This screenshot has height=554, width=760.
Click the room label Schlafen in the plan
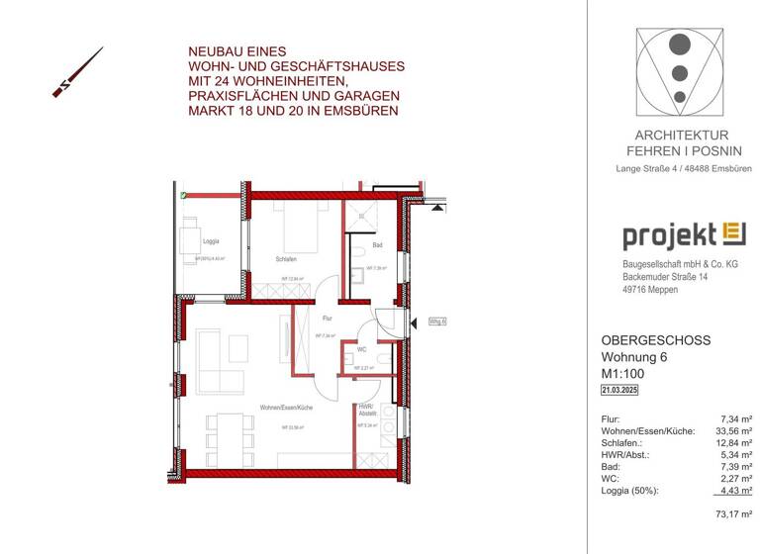point(285,260)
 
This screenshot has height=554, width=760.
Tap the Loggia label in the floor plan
point(211,241)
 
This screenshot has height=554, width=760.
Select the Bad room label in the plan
point(377,245)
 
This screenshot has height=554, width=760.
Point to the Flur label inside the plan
point(328,318)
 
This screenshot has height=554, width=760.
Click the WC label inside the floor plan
point(363,349)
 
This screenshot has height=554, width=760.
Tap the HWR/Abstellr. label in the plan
point(366,409)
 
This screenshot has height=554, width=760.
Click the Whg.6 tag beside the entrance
point(438,322)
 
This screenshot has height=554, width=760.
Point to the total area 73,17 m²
point(733,513)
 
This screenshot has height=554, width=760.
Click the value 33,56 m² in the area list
point(732,431)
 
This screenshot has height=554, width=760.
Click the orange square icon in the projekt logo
point(733,234)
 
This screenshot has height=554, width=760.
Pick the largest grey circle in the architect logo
point(679,45)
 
